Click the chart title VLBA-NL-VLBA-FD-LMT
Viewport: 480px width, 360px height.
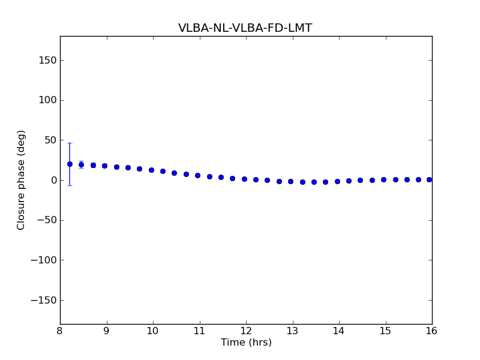click(245, 28)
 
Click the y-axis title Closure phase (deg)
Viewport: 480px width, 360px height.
click(22, 180)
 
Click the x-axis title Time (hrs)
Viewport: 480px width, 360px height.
click(246, 343)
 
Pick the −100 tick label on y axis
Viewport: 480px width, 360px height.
click(43, 260)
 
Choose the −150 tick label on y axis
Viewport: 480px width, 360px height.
click(43, 300)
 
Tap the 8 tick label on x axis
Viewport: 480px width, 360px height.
click(60, 331)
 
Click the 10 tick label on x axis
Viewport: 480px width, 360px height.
click(153, 331)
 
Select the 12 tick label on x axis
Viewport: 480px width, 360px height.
click(246, 331)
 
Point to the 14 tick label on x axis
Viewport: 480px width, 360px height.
click(339, 331)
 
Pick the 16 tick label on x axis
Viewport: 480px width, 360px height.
click(431, 331)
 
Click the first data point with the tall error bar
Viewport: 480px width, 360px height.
click(70, 164)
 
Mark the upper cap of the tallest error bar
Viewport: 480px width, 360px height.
click(70, 143)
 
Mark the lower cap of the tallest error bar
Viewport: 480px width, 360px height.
click(70, 185)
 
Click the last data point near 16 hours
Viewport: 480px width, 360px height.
click(429, 179)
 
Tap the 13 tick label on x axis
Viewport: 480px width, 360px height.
click(292, 331)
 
